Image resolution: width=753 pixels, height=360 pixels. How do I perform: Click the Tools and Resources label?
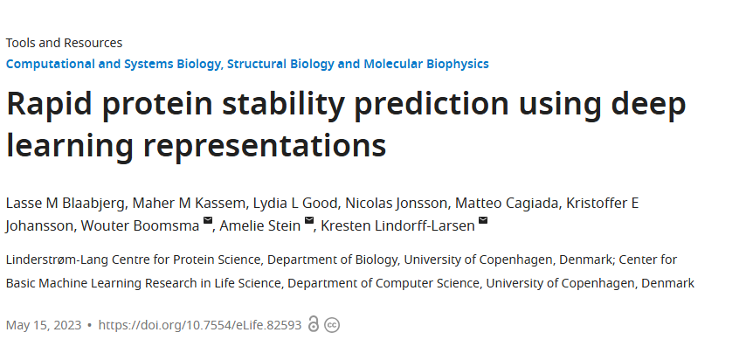(64, 43)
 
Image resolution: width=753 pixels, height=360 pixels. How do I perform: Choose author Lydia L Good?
(284, 204)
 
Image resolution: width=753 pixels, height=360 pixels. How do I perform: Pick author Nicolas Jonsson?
(395, 204)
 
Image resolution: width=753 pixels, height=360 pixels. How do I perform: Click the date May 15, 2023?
(43, 325)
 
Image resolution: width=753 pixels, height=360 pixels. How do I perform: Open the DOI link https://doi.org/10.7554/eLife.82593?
(199, 325)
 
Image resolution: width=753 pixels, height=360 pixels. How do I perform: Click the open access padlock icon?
(314, 325)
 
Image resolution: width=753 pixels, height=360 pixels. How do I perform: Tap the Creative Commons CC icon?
(332, 325)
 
